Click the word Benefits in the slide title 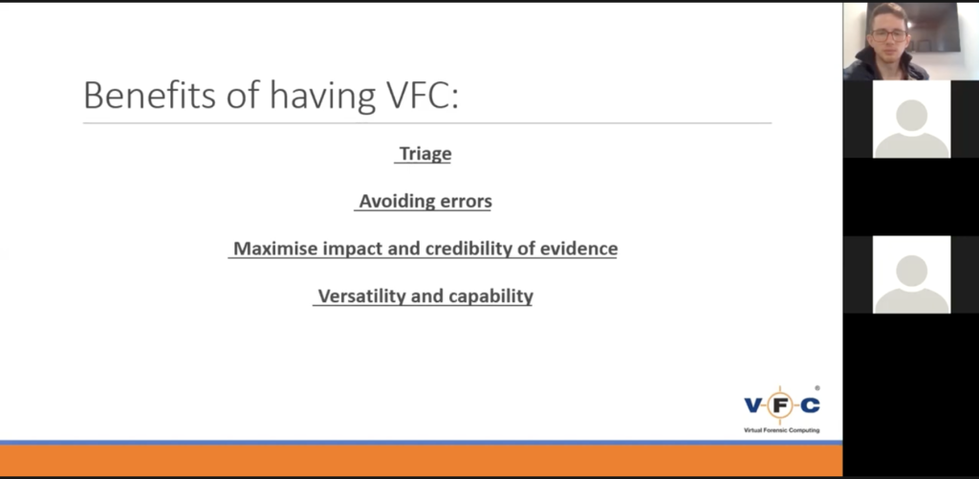pos(149,96)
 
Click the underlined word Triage pos(425,154)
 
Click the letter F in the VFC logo pos(780,406)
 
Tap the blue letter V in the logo pos(753,406)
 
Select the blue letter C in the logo pos(810,406)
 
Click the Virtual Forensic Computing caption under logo pos(781,430)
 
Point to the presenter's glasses pos(889,35)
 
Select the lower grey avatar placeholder pos(911,274)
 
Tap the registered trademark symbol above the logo pos(817,388)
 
